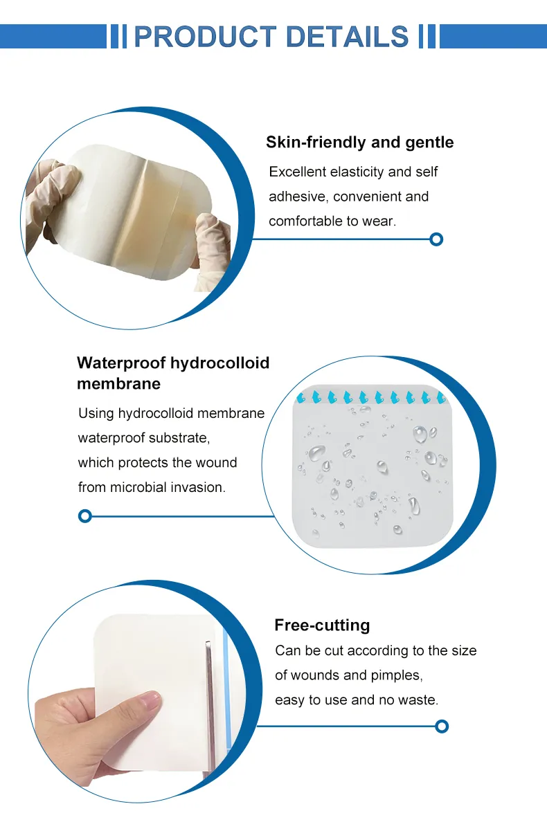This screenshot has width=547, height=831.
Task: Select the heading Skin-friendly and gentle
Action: (359, 143)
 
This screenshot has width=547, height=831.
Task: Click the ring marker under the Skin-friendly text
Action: (436, 239)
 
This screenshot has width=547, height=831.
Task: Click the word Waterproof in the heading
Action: (120, 363)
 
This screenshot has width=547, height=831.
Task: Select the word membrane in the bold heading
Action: (118, 383)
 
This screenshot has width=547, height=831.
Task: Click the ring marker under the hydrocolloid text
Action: (84, 515)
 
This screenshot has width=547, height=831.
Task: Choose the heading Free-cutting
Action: (322, 625)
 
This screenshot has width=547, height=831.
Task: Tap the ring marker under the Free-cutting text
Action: (442, 726)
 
